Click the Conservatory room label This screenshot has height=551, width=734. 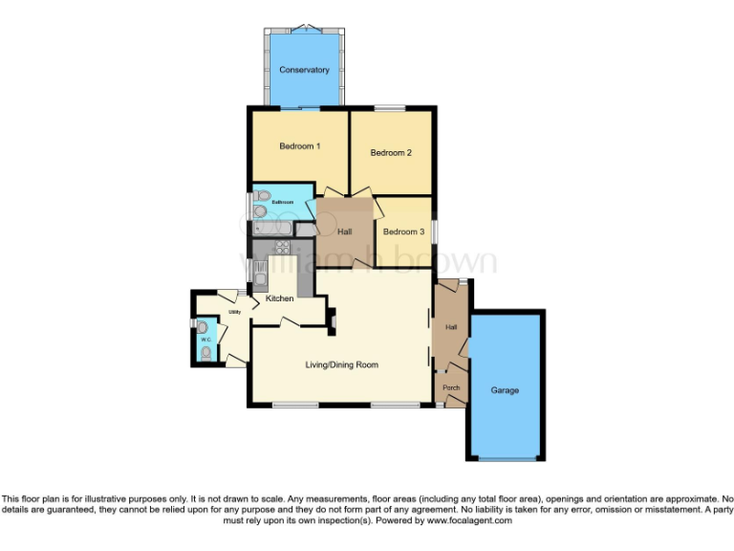point(304,70)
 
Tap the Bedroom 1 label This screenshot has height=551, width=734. point(299,146)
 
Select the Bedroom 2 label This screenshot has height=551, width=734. point(391,153)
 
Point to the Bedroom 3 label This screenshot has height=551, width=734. point(402,231)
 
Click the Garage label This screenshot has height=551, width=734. point(505,390)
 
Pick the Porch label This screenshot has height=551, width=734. point(451,387)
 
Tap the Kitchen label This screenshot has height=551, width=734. point(279,298)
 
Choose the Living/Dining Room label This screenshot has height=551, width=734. point(342,364)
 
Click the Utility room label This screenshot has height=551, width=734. point(234,312)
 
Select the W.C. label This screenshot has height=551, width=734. point(205,339)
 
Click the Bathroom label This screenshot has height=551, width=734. point(282,202)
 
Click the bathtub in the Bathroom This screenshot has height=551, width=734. point(273,230)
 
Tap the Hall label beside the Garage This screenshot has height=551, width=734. point(450,328)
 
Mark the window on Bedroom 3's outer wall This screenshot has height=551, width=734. point(433,231)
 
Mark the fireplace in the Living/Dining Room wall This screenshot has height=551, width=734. point(332,321)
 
